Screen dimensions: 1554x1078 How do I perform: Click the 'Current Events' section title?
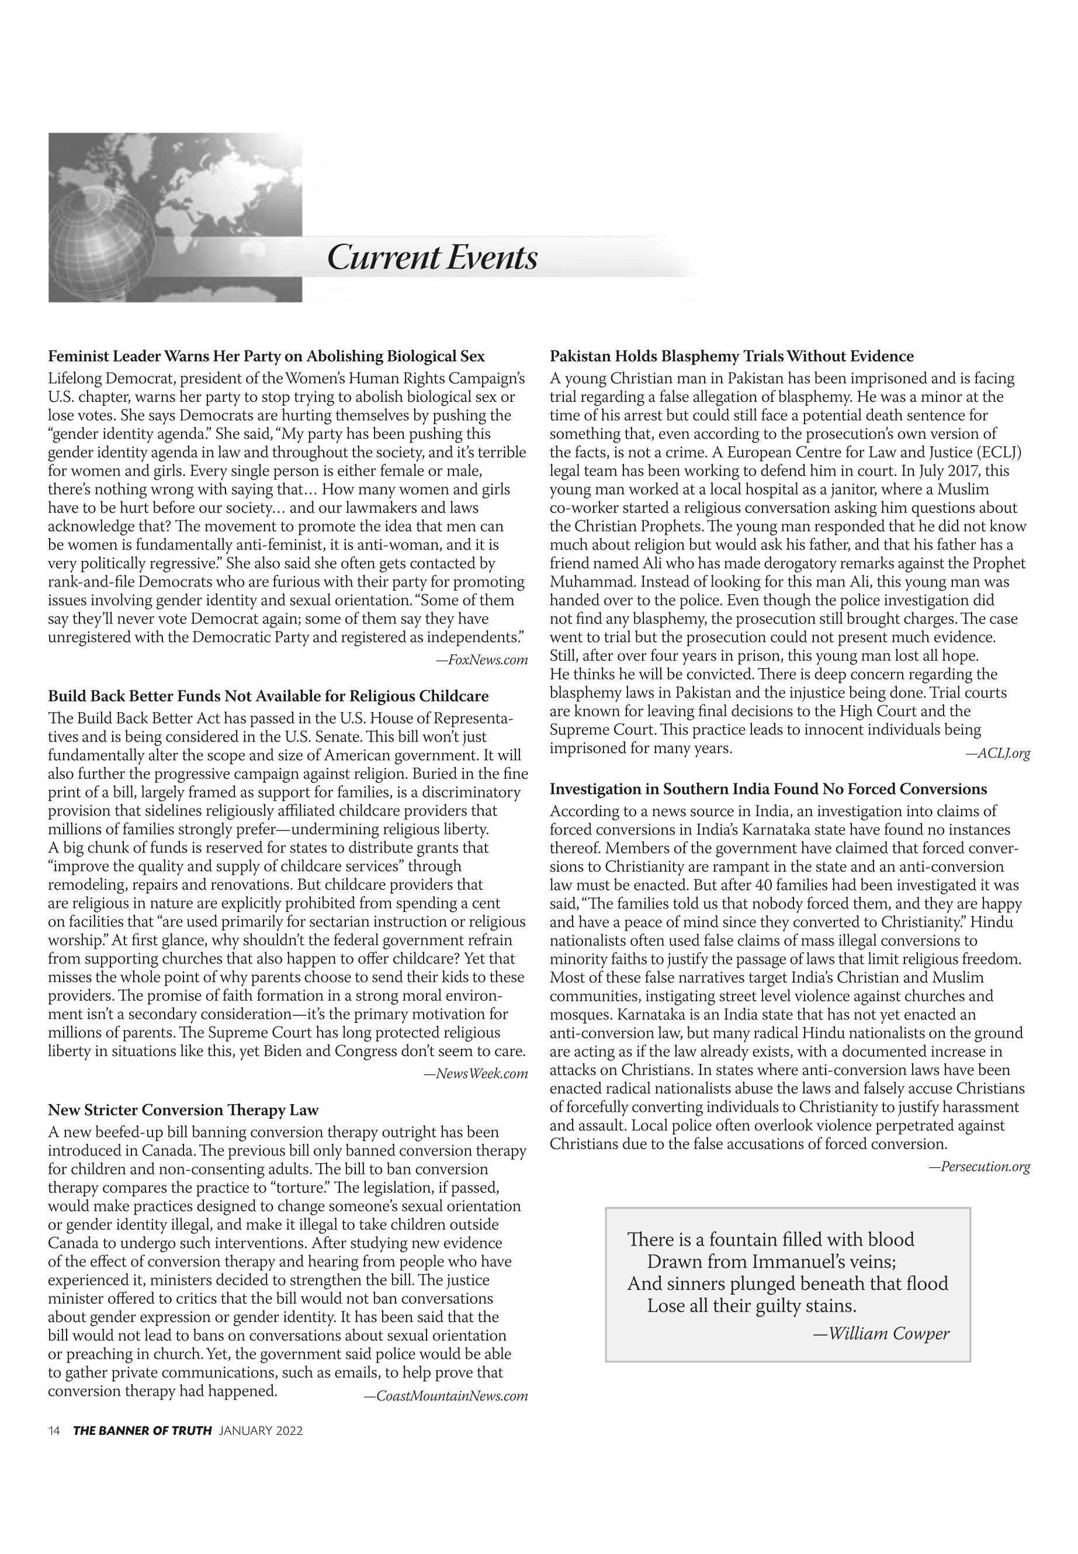[432, 257]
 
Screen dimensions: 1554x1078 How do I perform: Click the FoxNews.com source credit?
[481, 660]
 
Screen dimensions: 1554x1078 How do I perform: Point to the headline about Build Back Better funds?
[268, 696]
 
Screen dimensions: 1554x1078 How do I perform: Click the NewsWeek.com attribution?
[476, 1074]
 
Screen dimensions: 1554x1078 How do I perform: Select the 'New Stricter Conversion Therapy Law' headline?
[183, 1109]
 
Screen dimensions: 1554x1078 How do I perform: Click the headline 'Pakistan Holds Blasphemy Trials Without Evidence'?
[732, 356]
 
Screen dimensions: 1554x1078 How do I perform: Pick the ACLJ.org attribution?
[997, 753]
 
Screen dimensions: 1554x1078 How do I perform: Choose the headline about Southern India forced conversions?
[768, 789]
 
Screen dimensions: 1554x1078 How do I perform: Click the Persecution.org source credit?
[979, 1166]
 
